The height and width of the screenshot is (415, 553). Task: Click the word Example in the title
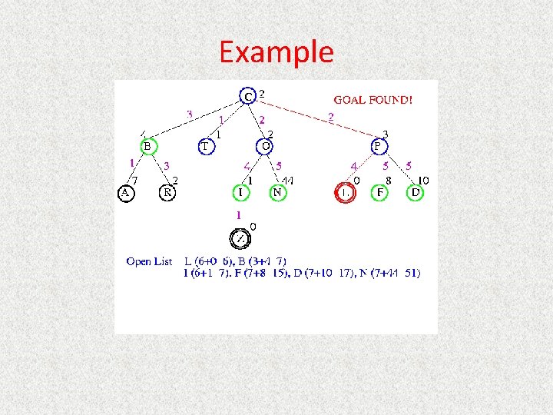pyautogui.click(x=276, y=52)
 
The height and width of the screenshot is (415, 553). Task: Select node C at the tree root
pyautogui.click(x=247, y=96)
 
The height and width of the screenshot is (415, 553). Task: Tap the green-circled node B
pyautogui.click(x=147, y=146)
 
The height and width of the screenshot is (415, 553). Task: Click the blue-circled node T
pyautogui.click(x=206, y=146)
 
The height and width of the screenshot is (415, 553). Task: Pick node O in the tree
pyautogui.click(x=265, y=146)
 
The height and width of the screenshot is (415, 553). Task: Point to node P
pyautogui.click(x=378, y=146)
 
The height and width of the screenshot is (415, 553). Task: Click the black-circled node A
pyautogui.click(x=125, y=192)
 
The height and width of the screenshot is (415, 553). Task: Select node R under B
pyautogui.click(x=167, y=192)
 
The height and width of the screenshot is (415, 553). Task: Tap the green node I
pyautogui.click(x=240, y=192)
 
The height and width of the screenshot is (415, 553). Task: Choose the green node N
pyautogui.click(x=277, y=192)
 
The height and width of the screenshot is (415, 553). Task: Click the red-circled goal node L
pyautogui.click(x=346, y=193)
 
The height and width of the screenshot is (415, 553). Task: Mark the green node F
pyautogui.click(x=378, y=192)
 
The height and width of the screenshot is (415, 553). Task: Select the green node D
pyautogui.click(x=415, y=192)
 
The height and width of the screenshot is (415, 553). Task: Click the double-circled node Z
pyautogui.click(x=240, y=238)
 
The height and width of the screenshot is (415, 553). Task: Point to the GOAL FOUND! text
pyautogui.click(x=373, y=99)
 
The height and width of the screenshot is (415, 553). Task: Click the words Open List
pyautogui.click(x=150, y=261)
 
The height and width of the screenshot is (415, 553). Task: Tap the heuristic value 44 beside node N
pyautogui.click(x=290, y=181)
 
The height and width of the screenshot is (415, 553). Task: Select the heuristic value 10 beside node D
pyautogui.click(x=423, y=181)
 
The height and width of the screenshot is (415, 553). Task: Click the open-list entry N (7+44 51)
pyautogui.click(x=390, y=274)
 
